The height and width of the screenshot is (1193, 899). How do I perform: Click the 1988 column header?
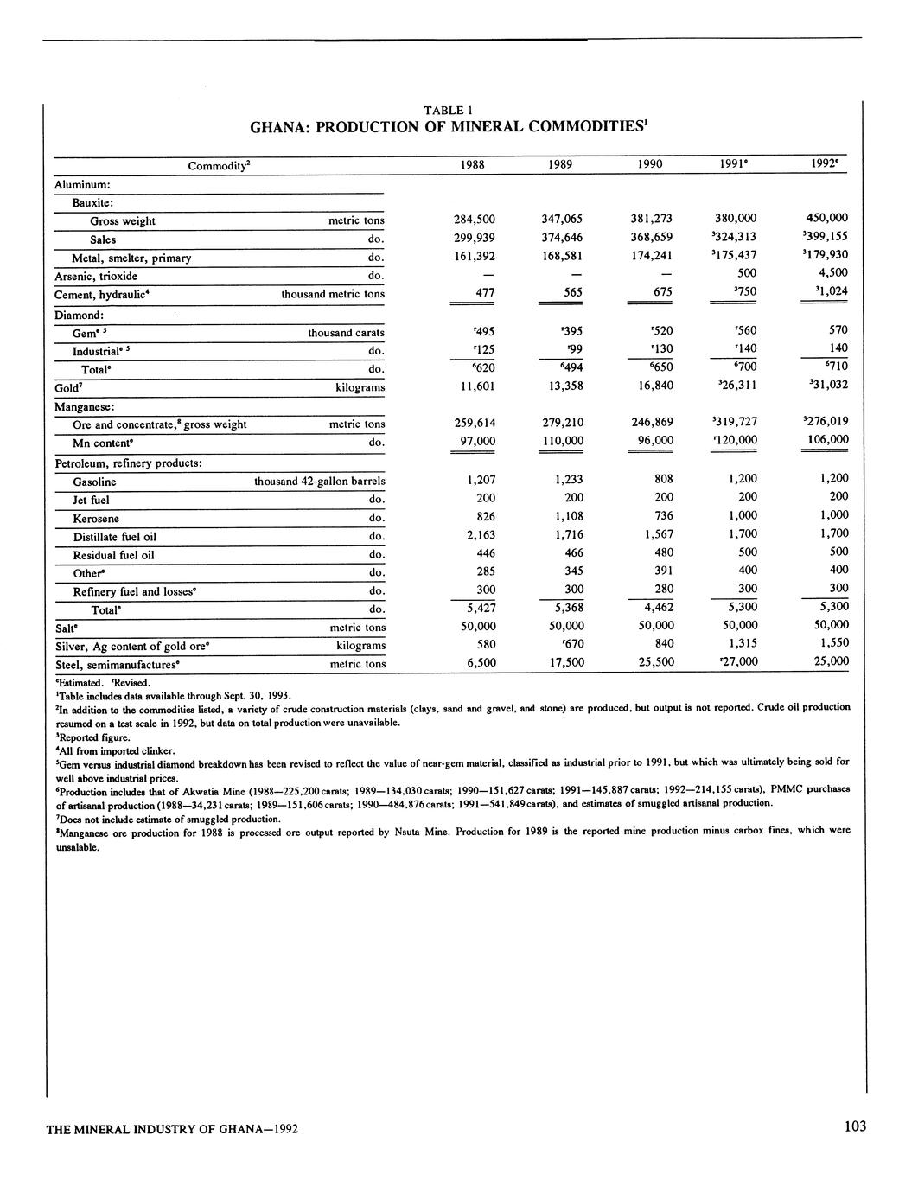[473, 164]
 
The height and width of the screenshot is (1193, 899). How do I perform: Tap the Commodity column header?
[219, 164]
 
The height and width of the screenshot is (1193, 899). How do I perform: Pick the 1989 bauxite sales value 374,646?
[561, 237]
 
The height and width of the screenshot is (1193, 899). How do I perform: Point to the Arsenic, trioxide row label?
[96, 276]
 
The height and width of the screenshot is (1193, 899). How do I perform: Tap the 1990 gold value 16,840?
[652, 386]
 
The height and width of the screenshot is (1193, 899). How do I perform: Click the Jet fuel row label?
[91, 500]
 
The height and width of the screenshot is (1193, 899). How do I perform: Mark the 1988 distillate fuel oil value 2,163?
[477, 534]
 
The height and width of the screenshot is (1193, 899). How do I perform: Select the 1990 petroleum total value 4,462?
[653, 608]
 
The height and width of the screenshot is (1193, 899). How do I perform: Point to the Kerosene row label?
[96, 519]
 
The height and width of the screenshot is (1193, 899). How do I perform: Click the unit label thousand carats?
[347, 333]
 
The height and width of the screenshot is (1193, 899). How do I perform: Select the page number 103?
[855, 1126]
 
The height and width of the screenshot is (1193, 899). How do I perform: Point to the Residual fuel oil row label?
[113, 555]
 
